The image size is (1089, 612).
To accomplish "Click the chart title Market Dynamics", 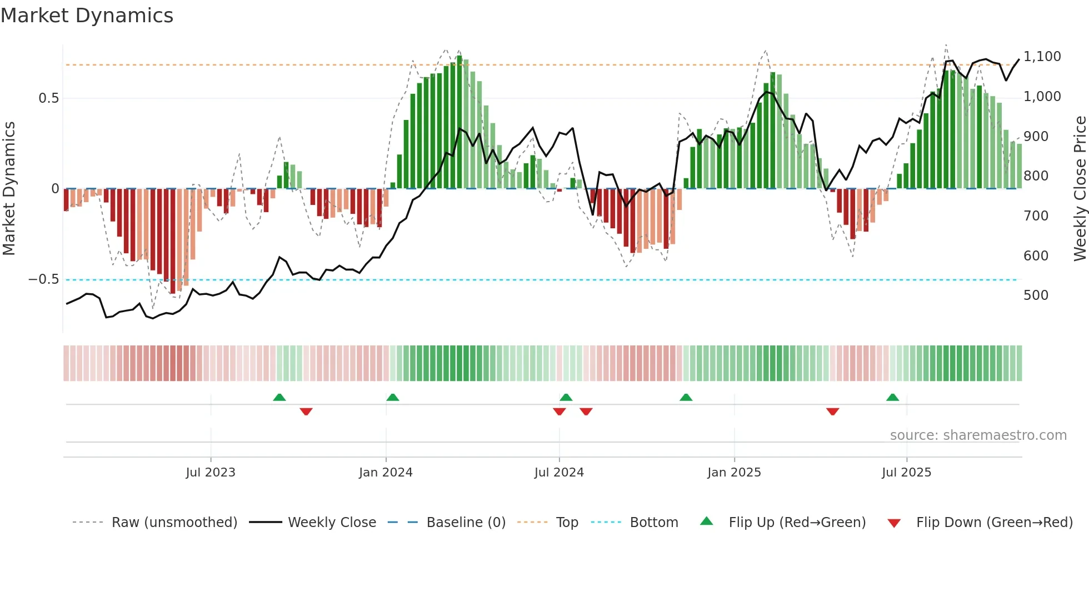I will coord(87,16).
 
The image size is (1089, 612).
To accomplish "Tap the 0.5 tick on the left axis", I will coord(48,98).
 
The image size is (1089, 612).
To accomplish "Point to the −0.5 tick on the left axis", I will coord(44,279).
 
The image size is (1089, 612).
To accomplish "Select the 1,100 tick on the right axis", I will coord(1042,57).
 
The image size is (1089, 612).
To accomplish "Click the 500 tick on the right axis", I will coord(1036,295).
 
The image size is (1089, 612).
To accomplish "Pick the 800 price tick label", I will coord(1036,176).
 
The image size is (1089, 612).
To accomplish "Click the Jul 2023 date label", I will coord(211,473).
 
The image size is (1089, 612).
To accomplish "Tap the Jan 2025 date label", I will coord(734,473).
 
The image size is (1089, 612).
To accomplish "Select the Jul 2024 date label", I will coord(559,473).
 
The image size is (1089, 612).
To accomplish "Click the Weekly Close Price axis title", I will coord(1080,189).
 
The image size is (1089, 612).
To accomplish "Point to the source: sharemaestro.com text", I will coord(978,435).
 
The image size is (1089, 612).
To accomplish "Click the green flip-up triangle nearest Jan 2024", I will coord(393,398).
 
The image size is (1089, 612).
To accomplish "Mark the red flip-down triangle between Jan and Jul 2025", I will coord(832,411).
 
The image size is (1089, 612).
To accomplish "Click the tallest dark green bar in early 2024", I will coord(459,122).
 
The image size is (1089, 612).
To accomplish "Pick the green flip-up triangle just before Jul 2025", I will coord(892,398).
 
